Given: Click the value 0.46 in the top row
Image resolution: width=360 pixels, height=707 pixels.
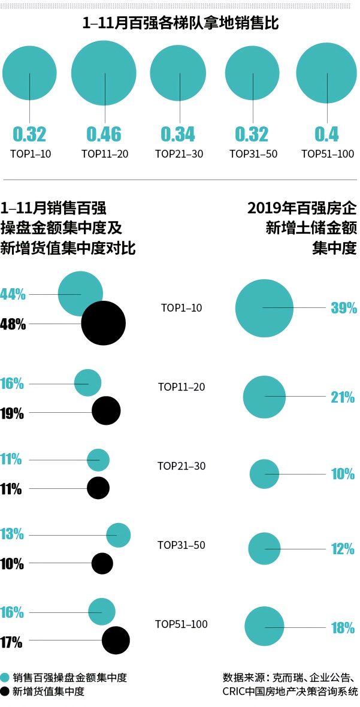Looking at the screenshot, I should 104,134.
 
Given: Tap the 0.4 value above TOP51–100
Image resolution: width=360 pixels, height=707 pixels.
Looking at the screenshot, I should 326,134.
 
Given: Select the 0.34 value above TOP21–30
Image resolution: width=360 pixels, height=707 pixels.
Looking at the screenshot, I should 178,134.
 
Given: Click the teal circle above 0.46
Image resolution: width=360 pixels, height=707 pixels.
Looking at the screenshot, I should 105,72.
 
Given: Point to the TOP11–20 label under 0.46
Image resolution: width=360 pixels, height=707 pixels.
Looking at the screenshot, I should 105,154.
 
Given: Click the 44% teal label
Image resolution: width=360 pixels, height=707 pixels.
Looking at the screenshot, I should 13,294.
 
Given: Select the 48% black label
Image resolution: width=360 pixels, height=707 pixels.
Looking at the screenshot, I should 13,325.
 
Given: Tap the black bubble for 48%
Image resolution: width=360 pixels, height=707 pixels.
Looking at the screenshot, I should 103,323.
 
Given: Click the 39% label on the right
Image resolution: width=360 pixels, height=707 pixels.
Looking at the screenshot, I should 343,308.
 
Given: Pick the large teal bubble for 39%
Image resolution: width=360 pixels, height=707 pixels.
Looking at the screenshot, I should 264,307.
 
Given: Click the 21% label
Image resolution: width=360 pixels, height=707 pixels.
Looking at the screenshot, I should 343,397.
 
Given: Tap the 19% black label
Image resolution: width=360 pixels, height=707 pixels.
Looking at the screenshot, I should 12,413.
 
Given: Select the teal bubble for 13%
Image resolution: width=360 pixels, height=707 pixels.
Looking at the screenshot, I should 119,534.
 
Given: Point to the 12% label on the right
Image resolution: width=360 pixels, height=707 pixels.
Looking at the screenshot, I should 343,549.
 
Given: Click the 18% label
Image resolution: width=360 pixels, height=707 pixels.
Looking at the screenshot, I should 343,628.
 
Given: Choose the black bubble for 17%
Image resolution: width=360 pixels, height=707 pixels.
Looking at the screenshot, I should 116,640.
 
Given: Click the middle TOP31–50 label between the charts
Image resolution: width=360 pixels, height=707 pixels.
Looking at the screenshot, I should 181,545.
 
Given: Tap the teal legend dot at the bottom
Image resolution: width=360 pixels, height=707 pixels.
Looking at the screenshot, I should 5,678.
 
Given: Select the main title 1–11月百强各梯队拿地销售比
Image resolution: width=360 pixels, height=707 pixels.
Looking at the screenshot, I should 180,25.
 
